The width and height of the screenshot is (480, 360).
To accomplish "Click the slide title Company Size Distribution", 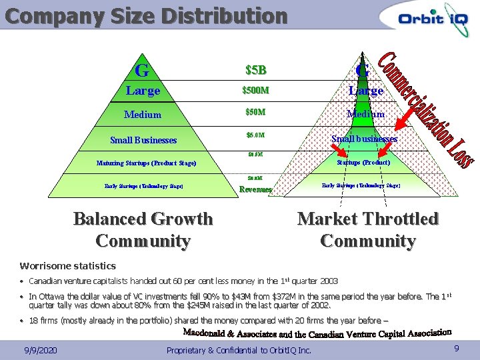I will tap(146, 15).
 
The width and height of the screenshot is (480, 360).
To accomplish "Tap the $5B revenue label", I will tap(255, 70).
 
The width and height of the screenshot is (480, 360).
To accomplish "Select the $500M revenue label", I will tap(255, 91).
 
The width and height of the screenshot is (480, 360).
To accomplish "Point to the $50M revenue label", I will tap(255, 113).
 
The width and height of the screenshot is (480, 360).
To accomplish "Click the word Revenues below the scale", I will tap(255, 189).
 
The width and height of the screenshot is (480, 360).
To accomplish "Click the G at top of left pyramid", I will tap(141, 70).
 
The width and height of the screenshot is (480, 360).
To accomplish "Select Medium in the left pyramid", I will tap(143, 115).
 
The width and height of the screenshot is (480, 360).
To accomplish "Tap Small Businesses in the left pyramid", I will tap(143, 140).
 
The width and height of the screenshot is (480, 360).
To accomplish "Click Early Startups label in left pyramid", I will tap(143, 186).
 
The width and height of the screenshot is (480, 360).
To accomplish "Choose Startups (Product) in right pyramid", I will tap(363, 162).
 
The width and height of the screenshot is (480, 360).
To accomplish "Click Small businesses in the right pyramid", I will tap(364, 139).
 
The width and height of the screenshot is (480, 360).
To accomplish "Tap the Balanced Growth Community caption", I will tap(143, 229).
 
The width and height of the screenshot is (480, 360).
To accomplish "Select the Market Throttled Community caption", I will tap(367, 229).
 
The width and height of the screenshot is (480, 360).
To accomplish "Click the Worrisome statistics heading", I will tap(68, 265).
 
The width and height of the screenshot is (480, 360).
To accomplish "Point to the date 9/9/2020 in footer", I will tap(40, 349).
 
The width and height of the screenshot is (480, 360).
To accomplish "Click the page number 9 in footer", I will tap(456, 348).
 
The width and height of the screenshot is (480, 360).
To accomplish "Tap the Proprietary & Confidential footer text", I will tap(239, 349).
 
